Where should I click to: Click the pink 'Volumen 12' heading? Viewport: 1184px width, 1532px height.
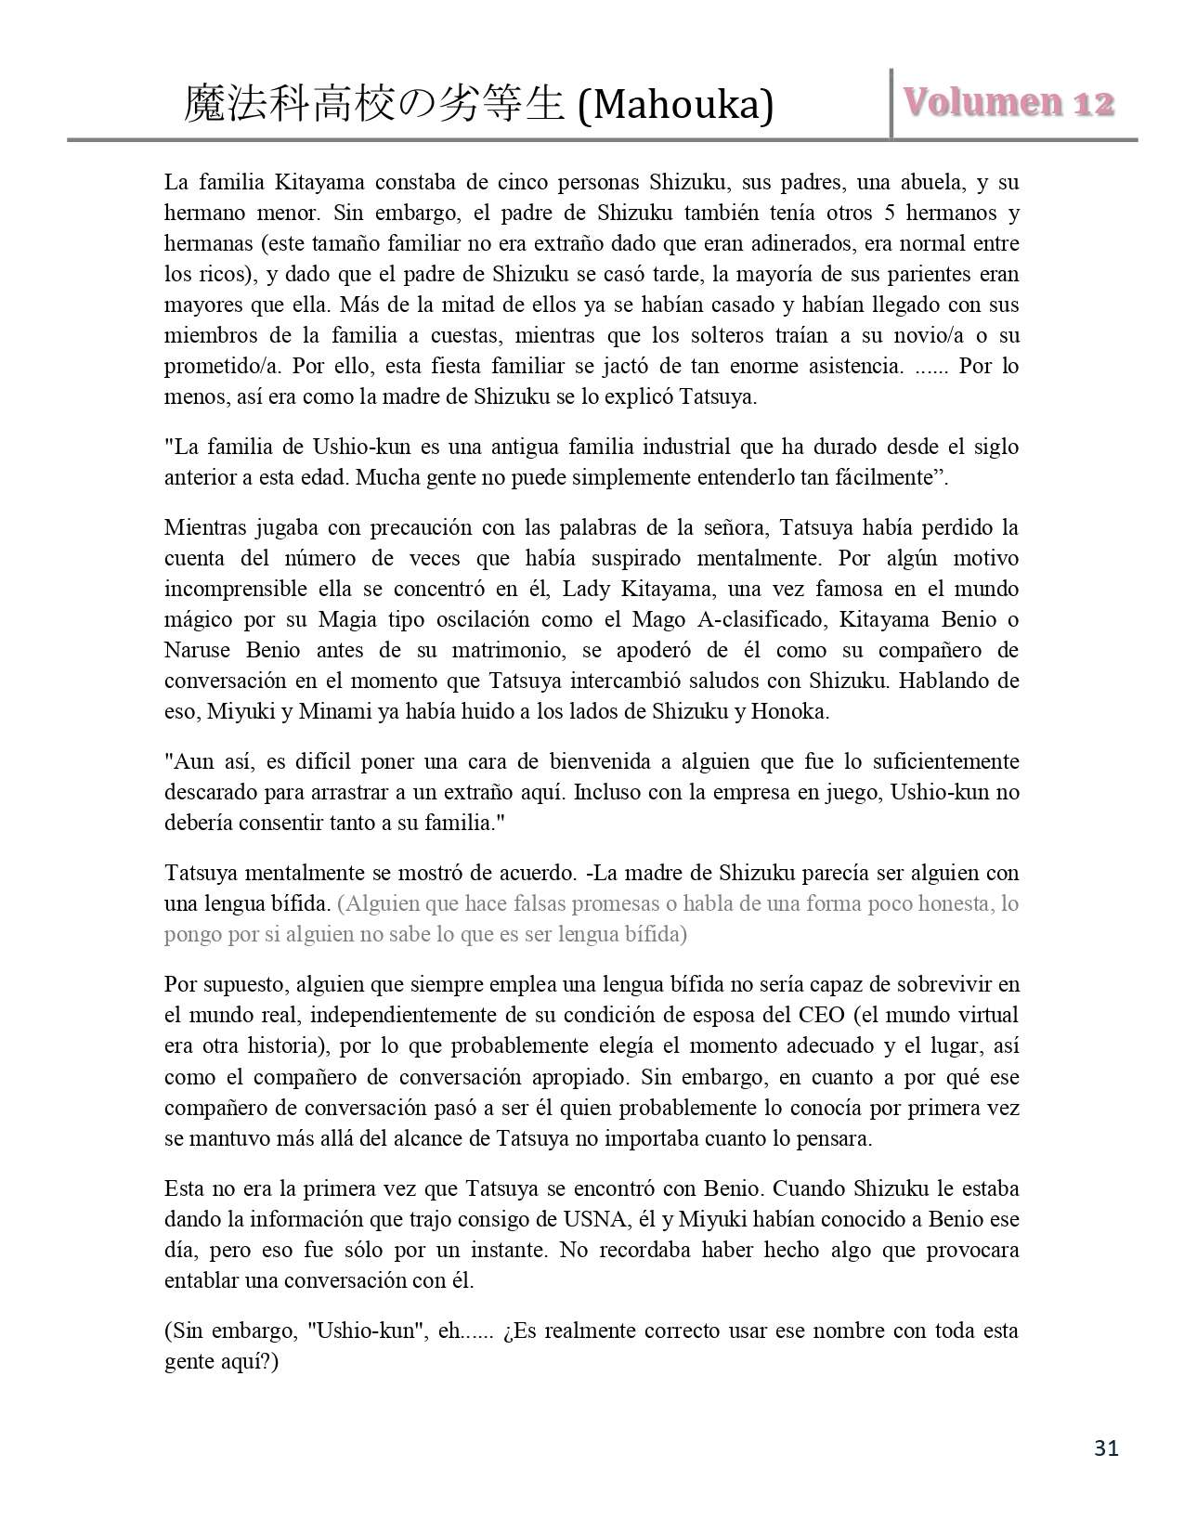[x=1008, y=102]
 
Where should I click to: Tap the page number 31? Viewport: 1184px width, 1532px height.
[x=1106, y=1448]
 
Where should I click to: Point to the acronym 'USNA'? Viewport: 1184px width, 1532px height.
[x=593, y=1219]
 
